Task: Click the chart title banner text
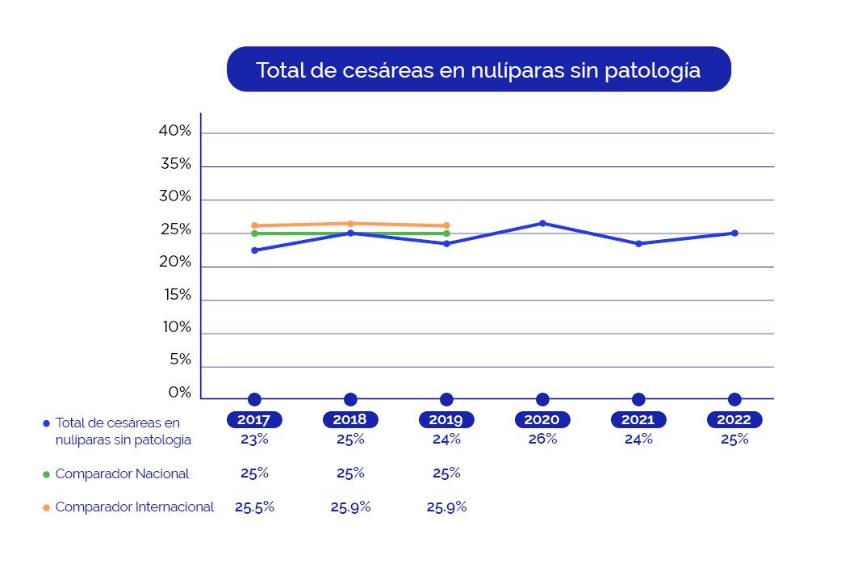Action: (x=478, y=69)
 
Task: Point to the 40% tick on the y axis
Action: (x=175, y=131)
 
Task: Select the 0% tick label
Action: (x=179, y=393)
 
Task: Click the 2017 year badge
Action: (x=254, y=420)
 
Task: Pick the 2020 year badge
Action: (x=542, y=420)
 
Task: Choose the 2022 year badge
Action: (x=734, y=420)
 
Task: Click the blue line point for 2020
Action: (x=542, y=223)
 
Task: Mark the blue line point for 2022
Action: (x=734, y=233)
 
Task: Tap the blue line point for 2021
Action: (x=638, y=243)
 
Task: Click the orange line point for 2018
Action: (x=350, y=223)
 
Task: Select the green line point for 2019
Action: (x=446, y=233)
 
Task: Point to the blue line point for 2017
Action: (x=254, y=250)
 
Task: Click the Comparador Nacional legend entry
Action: (x=122, y=473)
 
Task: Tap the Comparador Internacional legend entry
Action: (x=134, y=507)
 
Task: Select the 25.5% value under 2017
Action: (x=254, y=507)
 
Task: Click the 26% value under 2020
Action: (x=542, y=440)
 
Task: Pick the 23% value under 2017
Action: (x=254, y=440)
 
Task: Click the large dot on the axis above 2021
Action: (x=638, y=399)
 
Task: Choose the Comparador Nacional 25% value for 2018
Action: (x=350, y=473)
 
